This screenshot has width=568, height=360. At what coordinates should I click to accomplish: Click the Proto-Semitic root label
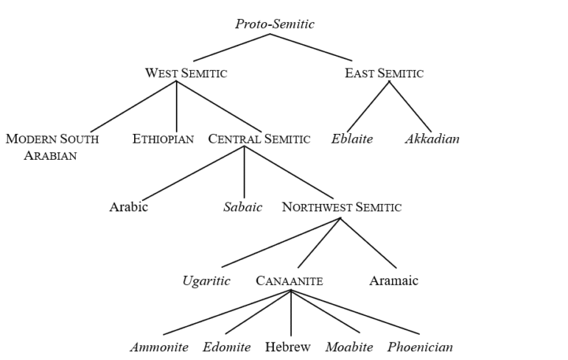click(x=275, y=24)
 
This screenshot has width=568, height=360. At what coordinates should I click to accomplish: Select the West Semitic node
click(x=186, y=73)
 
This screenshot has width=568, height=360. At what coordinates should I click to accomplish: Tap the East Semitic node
click(x=384, y=73)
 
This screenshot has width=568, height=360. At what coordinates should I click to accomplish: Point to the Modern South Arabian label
click(x=52, y=146)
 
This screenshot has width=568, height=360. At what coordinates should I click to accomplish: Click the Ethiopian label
click(x=163, y=138)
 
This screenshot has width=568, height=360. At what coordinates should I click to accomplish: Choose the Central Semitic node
click(x=259, y=138)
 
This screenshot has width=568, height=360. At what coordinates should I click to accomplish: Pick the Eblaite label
click(x=352, y=138)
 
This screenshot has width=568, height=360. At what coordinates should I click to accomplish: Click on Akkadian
click(x=432, y=138)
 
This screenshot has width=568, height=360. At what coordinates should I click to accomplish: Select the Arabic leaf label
click(x=129, y=207)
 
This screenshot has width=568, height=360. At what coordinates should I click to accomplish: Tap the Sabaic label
click(x=242, y=207)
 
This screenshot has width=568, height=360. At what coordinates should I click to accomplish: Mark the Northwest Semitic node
click(x=342, y=207)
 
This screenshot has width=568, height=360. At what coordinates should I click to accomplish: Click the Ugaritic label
click(x=206, y=280)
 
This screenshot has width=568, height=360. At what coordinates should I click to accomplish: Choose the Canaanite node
click(x=290, y=280)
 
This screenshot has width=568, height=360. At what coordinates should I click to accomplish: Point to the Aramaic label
click(x=393, y=280)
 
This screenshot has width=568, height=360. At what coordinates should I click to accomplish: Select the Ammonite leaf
click(x=159, y=347)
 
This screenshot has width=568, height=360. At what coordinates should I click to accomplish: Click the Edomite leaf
click(x=227, y=347)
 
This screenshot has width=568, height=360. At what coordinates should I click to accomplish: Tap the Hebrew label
click(x=288, y=347)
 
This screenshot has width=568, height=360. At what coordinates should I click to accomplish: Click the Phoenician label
click(x=420, y=347)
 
